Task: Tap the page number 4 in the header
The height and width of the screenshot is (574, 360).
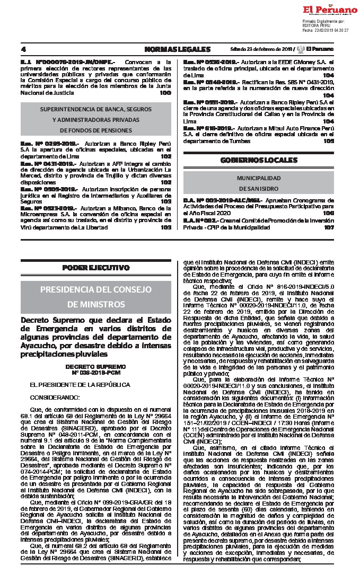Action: pos(23,49)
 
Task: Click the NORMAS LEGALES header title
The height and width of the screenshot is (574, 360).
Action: pos(177,49)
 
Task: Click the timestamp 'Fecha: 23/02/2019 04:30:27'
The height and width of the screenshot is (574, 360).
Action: pos(325,30)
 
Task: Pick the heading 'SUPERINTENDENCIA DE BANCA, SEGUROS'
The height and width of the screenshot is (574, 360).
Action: pos(96,109)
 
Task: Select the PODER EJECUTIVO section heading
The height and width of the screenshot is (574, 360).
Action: pos(96,268)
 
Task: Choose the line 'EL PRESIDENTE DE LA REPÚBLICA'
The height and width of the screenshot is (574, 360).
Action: pos(72,384)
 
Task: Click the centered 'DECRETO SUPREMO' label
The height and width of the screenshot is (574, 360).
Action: pos(96,366)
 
